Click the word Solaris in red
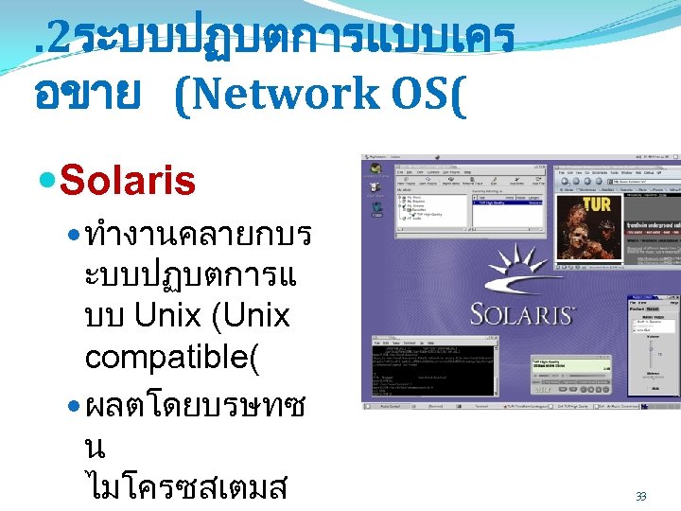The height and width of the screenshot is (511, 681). point(127,179)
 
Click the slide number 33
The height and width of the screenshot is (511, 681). point(640,496)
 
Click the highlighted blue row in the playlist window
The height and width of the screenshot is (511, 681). point(508,203)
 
